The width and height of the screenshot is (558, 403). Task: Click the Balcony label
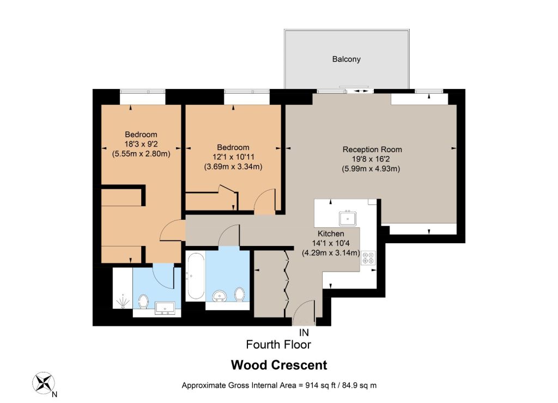346,59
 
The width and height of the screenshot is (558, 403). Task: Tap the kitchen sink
348,218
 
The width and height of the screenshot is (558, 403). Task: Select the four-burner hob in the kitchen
368,258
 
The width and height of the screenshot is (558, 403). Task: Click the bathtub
196,275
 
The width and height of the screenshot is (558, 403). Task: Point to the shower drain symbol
123,302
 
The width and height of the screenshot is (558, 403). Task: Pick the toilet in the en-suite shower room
143,301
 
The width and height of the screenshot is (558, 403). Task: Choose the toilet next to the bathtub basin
240,294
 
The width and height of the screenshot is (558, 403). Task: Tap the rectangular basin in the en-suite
165,308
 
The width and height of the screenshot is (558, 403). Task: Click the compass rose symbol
44,383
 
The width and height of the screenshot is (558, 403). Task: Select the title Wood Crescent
279,365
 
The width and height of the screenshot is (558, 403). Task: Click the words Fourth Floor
278,345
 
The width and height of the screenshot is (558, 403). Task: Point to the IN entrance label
304,333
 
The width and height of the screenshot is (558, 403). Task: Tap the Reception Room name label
372,149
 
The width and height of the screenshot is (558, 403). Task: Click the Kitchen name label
331,233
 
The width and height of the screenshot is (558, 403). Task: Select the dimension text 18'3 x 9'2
141,144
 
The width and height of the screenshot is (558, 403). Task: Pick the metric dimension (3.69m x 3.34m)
233,167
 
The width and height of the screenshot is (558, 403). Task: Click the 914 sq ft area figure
320,385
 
